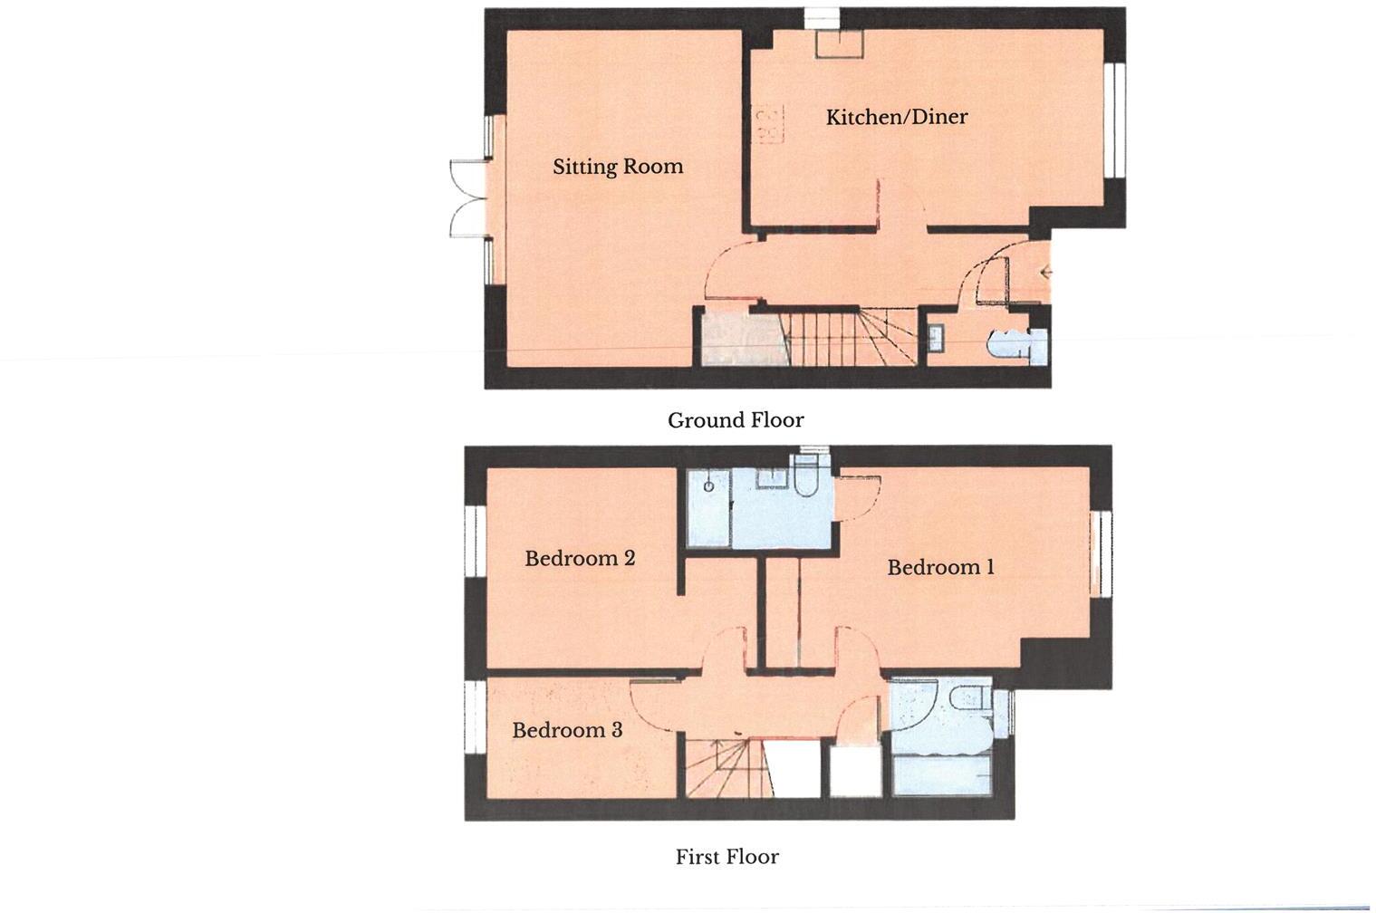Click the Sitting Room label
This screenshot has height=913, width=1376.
point(618,167)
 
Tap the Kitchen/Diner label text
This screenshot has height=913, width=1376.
point(896,117)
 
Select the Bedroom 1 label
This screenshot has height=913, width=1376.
point(940,568)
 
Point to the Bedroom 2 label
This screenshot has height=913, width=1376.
point(580,558)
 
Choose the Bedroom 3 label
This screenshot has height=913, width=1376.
point(567,730)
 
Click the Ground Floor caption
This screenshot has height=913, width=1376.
point(736,420)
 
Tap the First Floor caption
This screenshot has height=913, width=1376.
point(726,857)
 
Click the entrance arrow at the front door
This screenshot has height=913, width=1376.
point(1045,272)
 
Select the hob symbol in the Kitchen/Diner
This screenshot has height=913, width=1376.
point(767,124)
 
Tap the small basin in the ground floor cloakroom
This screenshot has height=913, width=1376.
point(935,338)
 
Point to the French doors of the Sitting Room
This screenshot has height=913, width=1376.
point(468,198)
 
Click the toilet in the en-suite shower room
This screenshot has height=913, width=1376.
point(804,476)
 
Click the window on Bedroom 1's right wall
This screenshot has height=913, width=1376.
point(1100,553)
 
